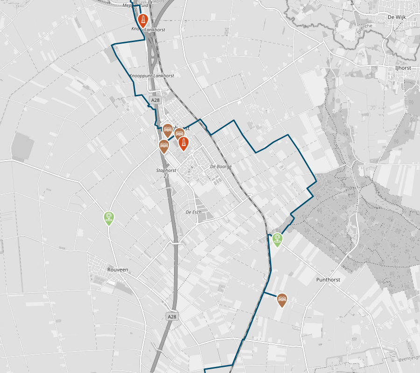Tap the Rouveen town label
118,270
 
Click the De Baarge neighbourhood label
221,166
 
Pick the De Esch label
193,212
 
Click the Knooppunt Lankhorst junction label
152,76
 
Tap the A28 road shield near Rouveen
172,316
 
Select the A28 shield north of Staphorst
155,100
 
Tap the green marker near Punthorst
277,239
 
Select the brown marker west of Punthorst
282,300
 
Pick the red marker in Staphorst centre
184,143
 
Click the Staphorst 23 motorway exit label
166,173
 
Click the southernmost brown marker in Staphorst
164,146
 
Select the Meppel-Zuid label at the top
135,6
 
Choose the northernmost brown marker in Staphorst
168,130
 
